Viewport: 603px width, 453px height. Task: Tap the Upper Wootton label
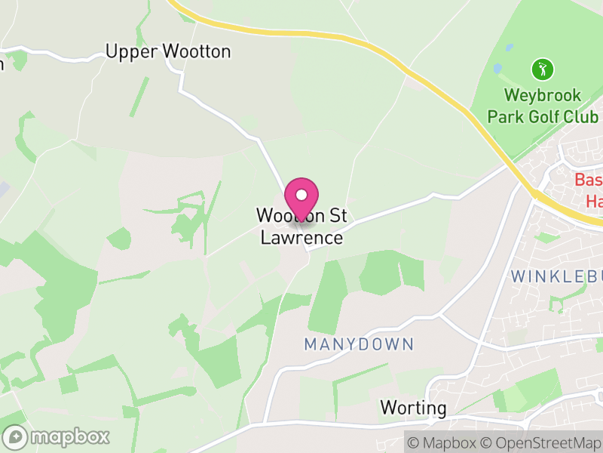[168, 52]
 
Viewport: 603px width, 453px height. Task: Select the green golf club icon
[542, 70]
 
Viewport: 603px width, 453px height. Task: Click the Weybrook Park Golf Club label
[543, 106]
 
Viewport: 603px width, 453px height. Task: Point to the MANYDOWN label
[359, 345]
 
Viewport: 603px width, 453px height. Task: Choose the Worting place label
[413, 408]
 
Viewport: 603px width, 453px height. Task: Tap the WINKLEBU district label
[556, 276]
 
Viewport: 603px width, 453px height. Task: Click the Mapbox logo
[57, 436]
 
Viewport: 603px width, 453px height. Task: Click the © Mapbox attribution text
[445, 441]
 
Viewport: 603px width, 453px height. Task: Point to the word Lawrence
[301, 238]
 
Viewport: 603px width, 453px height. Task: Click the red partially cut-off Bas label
[588, 180]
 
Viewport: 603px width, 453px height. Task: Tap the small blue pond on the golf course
[510, 47]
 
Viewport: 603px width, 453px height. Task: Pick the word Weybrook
[543, 96]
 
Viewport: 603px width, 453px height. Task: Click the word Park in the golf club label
[504, 117]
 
